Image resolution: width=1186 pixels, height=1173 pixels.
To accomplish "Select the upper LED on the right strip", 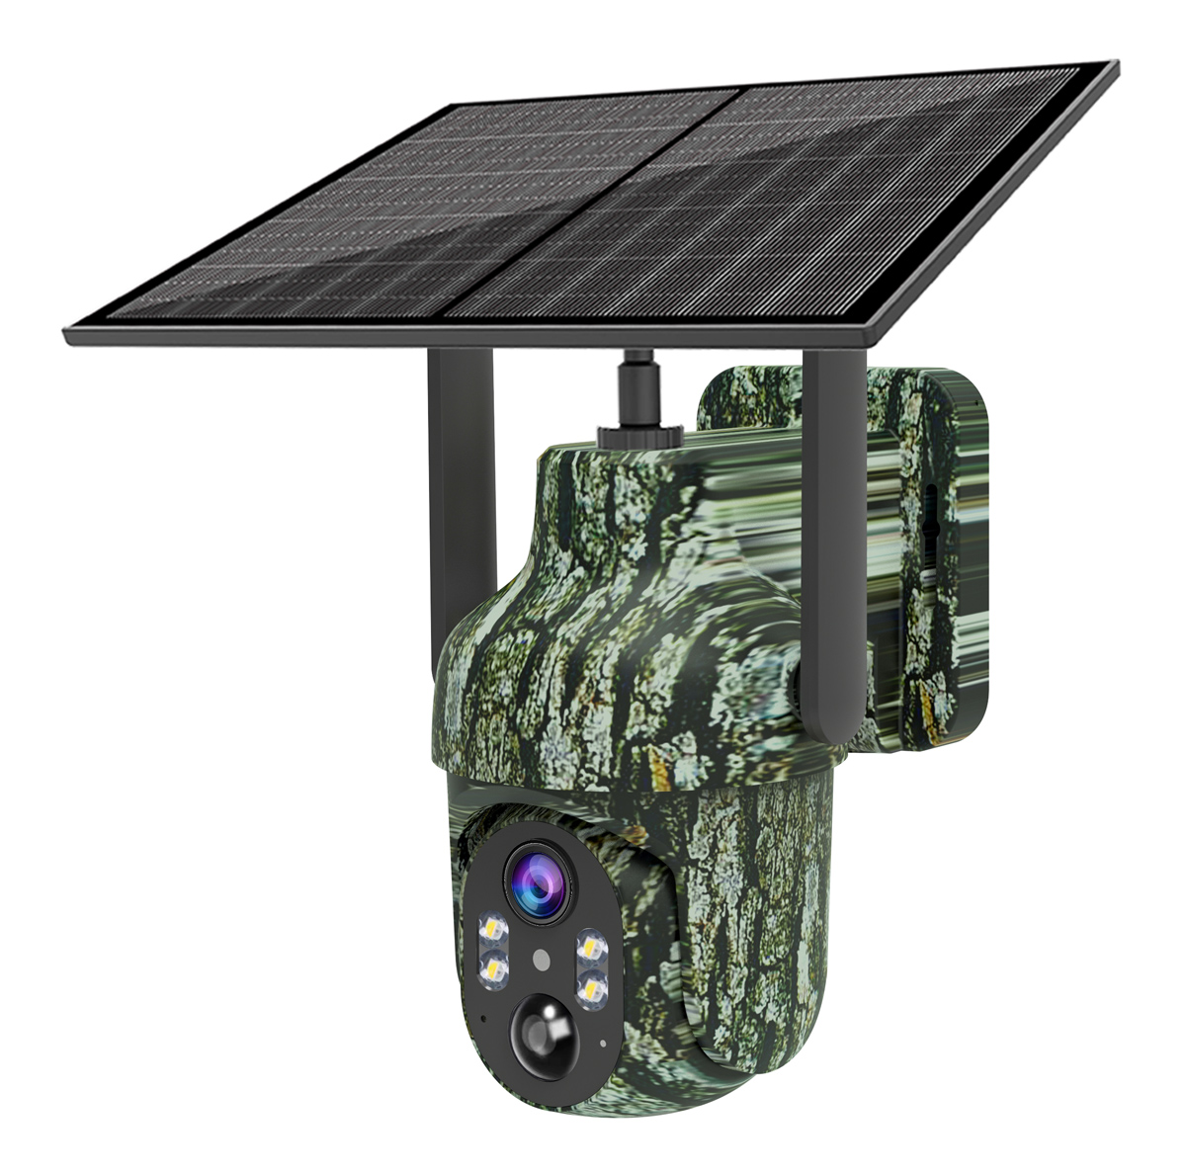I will [590, 947].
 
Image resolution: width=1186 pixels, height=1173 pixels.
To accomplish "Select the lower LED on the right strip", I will [591, 985].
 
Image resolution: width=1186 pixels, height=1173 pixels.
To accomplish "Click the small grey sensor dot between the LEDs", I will [540, 959].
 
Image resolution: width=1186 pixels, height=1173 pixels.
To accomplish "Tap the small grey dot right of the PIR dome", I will [602, 1042].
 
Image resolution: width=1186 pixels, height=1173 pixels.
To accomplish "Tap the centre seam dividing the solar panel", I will [593, 198].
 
